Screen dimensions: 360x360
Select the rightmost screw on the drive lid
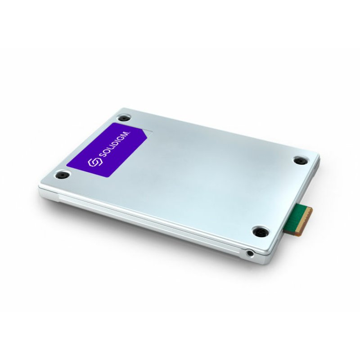(x=299, y=160)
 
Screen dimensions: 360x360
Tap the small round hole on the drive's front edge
(x=250, y=255)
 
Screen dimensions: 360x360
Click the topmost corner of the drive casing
(x=118, y=109)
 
